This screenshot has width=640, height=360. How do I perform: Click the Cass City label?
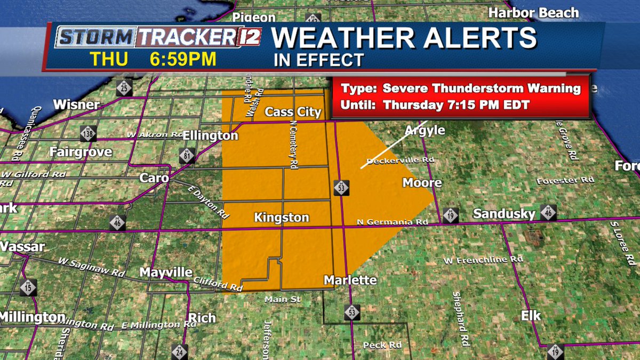pyautogui.click(x=293, y=112)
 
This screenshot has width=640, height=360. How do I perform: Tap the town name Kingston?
pyautogui.click(x=282, y=218)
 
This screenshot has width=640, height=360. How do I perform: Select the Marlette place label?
pyautogui.click(x=350, y=280)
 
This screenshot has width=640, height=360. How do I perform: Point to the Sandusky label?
pyautogui.click(x=504, y=214)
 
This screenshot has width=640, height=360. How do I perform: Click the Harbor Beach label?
pyautogui.click(x=533, y=13)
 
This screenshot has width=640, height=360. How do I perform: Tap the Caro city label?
pyautogui.click(x=154, y=178)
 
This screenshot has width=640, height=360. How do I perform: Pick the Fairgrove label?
pyautogui.click(x=81, y=152)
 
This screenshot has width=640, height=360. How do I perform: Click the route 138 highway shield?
pyautogui.click(x=88, y=133)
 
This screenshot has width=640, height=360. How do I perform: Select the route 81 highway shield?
pyautogui.click(x=187, y=156)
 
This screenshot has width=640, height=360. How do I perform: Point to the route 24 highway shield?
pyautogui.click(x=180, y=351)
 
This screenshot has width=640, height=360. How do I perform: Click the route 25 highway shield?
pyautogui.click(x=124, y=87)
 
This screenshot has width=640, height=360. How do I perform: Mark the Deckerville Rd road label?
pyautogui.click(x=401, y=160)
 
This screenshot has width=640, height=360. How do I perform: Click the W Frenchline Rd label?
pyautogui.click(x=483, y=260)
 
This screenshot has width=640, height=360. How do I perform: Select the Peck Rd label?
pyautogui.click(x=382, y=345)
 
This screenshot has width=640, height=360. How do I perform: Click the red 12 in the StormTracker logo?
pyautogui.click(x=248, y=38)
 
